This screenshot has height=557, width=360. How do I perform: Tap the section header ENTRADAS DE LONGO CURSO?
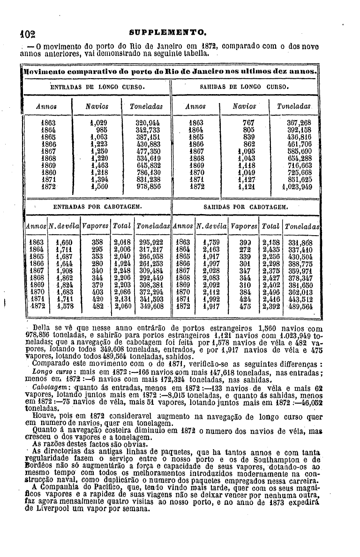pos(97,87)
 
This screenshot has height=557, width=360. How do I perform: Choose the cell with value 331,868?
pos(300,243)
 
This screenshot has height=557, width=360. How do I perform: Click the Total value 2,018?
pos(122,243)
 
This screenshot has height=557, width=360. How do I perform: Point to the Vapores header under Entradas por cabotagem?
pos(95,226)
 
